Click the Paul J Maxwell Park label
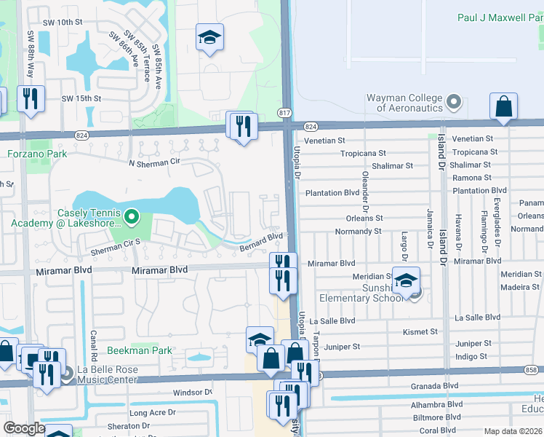click(x=500, y=17)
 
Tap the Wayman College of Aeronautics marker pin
click(x=455, y=101)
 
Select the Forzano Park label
click(x=37, y=154)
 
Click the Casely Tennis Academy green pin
click(x=132, y=216)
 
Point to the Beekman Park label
click(x=140, y=350)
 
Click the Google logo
click(x=24, y=428)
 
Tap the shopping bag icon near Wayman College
click(x=503, y=106)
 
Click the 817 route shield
click(x=284, y=112)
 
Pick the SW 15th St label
click(x=81, y=98)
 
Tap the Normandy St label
click(x=358, y=232)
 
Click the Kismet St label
click(x=420, y=331)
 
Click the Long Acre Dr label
click(x=152, y=412)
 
